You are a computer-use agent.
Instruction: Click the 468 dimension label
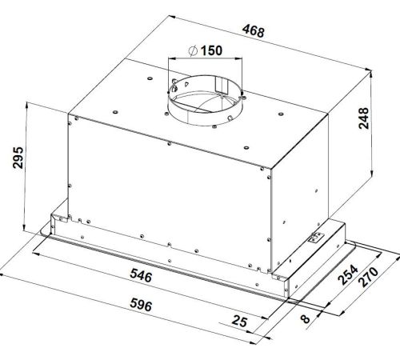click(x=253, y=31)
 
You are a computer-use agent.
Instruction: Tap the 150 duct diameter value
click(x=211, y=50)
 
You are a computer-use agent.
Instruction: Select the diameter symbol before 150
click(x=193, y=51)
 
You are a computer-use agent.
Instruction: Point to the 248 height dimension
click(x=363, y=118)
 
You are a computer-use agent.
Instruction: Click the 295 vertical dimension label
click(x=18, y=158)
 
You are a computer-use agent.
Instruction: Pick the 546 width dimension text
click(x=141, y=275)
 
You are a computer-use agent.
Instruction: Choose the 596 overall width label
click(x=141, y=305)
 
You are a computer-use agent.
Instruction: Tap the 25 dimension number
click(x=239, y=321)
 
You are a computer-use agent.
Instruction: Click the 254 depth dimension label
click(x=348, y=274)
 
